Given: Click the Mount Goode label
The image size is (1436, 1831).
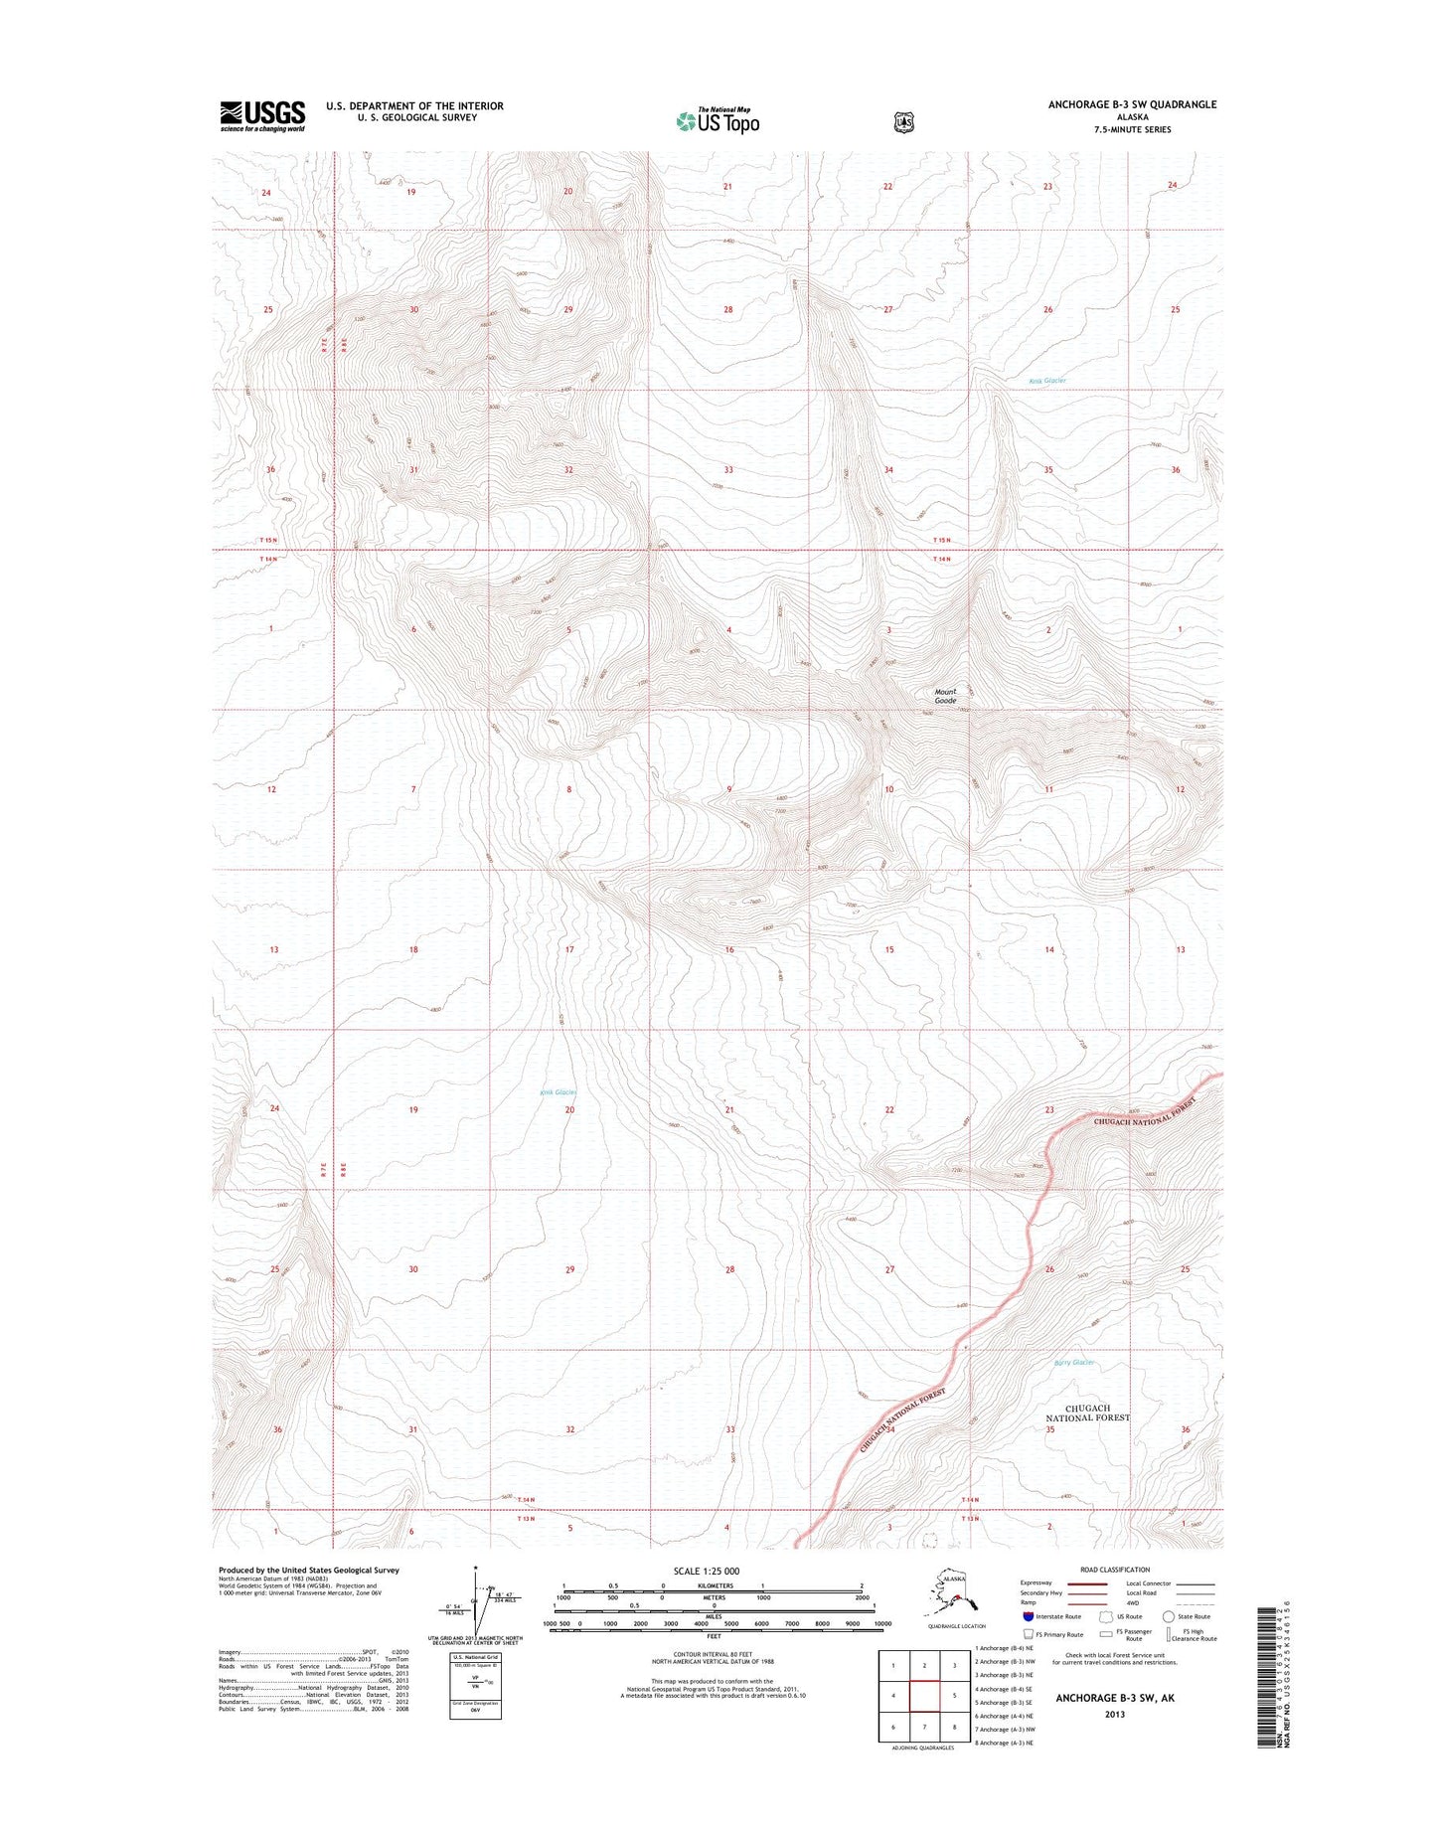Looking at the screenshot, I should (x=945, y=696).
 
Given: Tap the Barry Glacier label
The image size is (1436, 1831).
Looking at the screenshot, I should (x=1073, y=1363).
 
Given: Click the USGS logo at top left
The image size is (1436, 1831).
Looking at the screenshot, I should (x=262, y=116).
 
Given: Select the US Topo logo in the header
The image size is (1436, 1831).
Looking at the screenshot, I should (x=718, y=120).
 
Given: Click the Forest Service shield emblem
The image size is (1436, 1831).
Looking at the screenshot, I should (x=903, y=122).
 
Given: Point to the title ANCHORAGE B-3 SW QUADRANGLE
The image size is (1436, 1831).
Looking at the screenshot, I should (x=1132, y=104).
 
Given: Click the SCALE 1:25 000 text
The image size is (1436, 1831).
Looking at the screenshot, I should (x=706, y=1572).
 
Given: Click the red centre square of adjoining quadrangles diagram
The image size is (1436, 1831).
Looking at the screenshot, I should (x=924, y=1696).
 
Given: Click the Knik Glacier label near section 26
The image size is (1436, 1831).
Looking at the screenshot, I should (x=1047, y=381).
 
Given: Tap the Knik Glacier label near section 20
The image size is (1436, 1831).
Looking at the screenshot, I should (x=558, y=1092).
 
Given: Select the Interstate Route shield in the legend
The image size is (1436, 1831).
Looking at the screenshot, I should (x=1028, y=1616).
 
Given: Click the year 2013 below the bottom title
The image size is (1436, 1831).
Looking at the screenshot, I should (x=1114, y=1714).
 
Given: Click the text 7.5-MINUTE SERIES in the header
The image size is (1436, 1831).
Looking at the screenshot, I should (x=1132, y=129).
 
